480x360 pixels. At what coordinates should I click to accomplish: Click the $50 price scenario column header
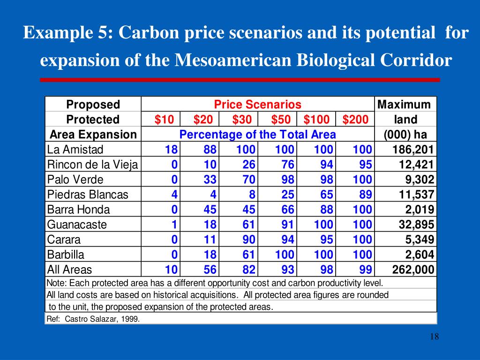(x=281, y=120)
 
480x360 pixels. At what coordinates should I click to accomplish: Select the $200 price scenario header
(x=355, y=120)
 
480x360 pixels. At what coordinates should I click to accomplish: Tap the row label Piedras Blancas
(x=88, y=195)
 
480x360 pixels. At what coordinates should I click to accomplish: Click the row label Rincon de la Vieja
(x=93, y=165)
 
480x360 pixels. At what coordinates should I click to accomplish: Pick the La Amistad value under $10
(x=171, y=150)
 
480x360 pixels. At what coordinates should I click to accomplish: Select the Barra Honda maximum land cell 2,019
(x=420, y=210)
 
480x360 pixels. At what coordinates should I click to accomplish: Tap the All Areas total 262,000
(x=413, y=270)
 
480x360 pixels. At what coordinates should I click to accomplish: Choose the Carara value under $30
(x=249, y=240)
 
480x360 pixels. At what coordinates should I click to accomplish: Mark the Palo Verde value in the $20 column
(x=210, y=180)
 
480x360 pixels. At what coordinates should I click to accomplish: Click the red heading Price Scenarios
(x=257, y=105)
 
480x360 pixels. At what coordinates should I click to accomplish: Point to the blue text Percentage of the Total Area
(x=257, y=135)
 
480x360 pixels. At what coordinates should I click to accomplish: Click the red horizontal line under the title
(x=240, y=80)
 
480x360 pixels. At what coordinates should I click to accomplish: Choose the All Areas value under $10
(x=171, y=270)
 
